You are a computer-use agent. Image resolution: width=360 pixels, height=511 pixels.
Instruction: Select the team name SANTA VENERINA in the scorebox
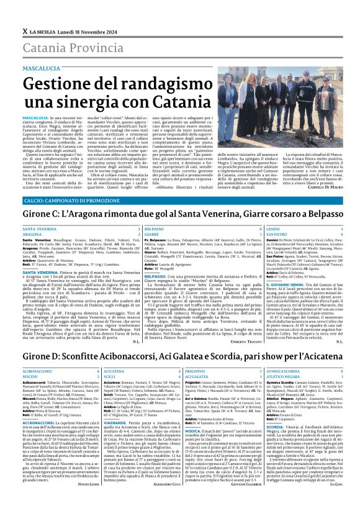(x=40, y=229)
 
